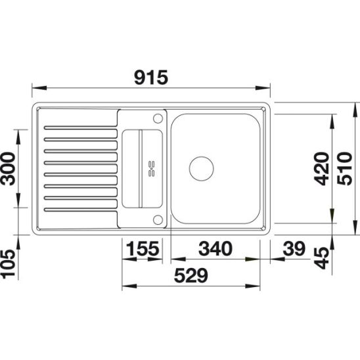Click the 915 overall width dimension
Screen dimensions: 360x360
[151, 78]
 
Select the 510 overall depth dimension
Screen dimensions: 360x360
[345, 169]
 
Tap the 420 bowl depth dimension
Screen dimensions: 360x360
[322, 169]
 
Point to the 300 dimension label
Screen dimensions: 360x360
[9, 169]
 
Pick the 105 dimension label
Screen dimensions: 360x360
[9, 264]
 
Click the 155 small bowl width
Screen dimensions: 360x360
[143, 248]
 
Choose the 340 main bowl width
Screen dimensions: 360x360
[215, 248]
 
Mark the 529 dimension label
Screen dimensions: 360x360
[191, 275]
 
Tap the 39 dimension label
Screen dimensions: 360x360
[294, 248]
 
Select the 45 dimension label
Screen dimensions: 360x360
[322, 258]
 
